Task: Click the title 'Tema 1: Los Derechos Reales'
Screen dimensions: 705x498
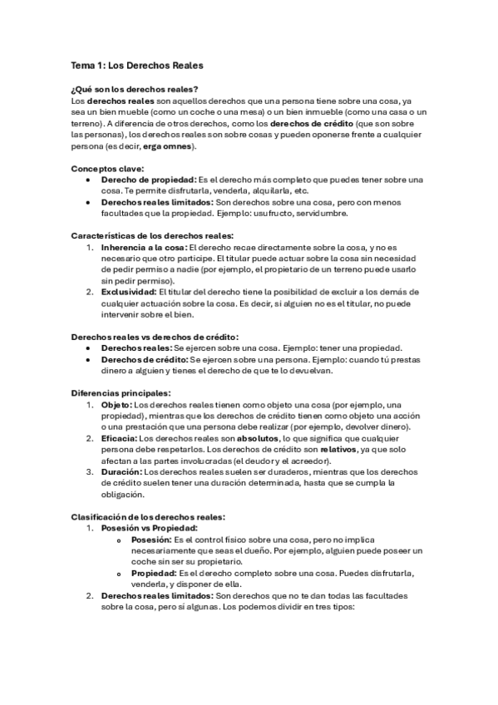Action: (x=136, y=65)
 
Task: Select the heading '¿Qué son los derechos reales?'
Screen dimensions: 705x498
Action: (x=134, y=89)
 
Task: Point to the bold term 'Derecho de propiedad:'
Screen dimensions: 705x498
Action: (x=148, y=180)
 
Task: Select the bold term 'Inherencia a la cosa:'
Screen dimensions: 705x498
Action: (x=144, y=247)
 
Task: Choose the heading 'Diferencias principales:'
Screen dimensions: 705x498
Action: (x=121, y=392)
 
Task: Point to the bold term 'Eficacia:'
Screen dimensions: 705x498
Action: (x=119, y=437)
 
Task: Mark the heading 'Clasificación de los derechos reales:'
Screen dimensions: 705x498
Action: (x=148, y=516)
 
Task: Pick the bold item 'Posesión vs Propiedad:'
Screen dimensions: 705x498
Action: (x=149, y=527)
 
